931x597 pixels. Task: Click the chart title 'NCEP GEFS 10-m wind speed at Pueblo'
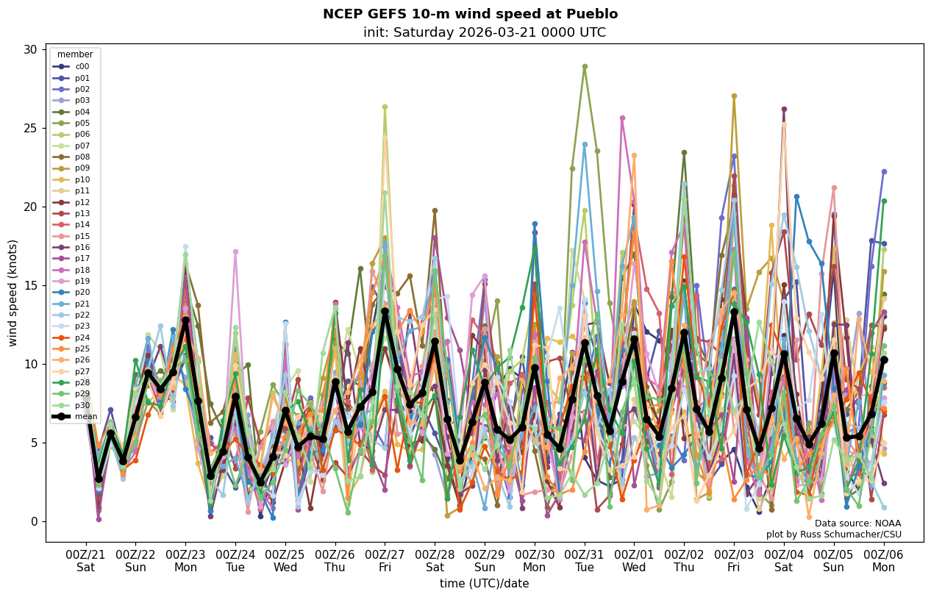coord(470,14)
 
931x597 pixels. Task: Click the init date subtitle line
coord(484,32)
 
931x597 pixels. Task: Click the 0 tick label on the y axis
coord(33,521)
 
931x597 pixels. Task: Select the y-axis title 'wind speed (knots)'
coord(13,293)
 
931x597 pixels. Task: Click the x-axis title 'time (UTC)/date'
coord(484,584)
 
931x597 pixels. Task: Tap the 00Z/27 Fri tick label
coord(385,561)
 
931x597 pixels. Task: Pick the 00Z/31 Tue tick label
coord(585,561)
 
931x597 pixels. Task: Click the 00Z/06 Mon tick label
coord(883,561)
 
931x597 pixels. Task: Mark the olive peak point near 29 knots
coord(585,66)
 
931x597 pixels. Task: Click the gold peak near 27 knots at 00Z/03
coord(734,96)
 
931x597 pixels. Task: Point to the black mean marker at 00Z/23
coord(185,320)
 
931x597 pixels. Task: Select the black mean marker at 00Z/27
coord(385,312)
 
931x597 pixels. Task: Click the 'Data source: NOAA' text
coord(857,523)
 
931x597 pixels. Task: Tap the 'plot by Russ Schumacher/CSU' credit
coord(833,535)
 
